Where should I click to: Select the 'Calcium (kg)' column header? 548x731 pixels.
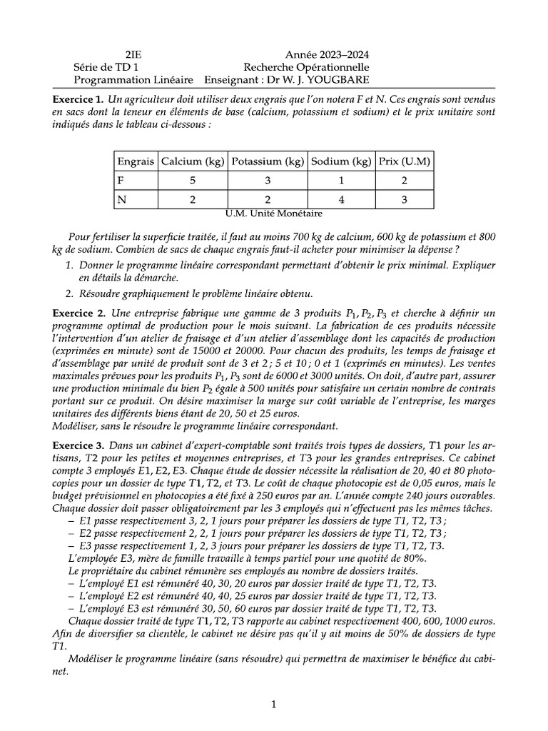click(192, 161)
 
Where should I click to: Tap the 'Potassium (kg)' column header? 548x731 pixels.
click(267, 161)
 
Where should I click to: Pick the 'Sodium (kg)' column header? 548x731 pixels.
click(341, 161)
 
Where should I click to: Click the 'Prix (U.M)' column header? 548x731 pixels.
click(404, 161)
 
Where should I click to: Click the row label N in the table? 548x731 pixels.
click(121, 201)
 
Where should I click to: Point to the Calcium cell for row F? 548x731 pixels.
click(192, 181)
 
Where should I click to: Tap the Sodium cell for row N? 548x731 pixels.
click(341, 201)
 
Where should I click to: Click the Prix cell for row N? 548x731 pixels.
click(404, 201)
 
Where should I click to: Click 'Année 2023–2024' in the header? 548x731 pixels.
click(328, 55)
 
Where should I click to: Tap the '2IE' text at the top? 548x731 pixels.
click(133, 55)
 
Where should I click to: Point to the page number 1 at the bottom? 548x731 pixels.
click(274, 705)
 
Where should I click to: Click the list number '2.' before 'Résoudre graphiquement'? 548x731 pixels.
click(69, 293)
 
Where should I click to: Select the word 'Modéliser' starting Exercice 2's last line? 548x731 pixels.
click(76, 427)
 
